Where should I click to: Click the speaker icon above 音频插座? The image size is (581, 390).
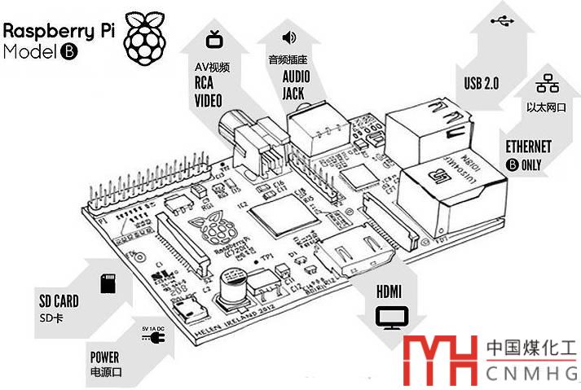pyautogui.click(x=288, y=37)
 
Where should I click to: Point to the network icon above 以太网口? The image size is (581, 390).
pyautogui.click(x=544, y=84)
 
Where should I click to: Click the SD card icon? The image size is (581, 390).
pyautogui.click(x=106, y=283)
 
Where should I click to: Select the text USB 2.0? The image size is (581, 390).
pyautogui.click(x=481, y=83)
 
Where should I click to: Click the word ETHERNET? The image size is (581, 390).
pyautogui.click(x=528, y=147)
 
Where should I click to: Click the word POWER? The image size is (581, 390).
pyautogui.click(x=105, y=357)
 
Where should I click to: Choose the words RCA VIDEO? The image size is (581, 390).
pyautogui.click(x=208, y=92)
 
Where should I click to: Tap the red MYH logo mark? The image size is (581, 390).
pyautogui.click(x=442, y=358)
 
